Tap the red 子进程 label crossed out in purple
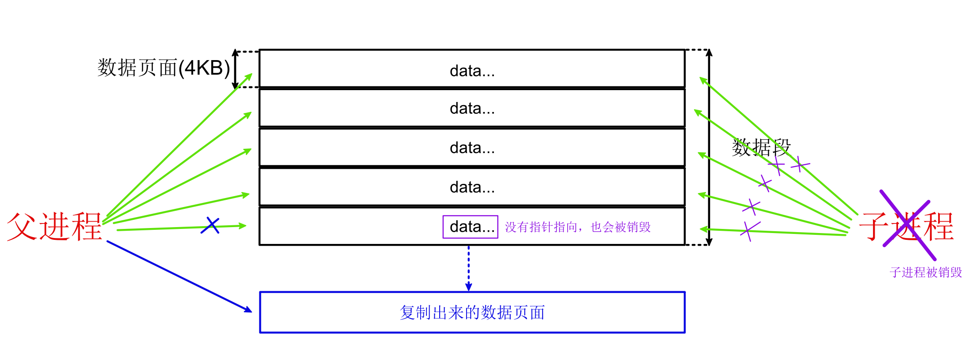click(906, 227)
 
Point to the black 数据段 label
click(761, 148)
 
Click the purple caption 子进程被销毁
click(926, 273)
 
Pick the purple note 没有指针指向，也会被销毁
click(578, 227)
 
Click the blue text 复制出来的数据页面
click(472, 313)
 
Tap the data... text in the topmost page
click(472, 71)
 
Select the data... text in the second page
click(472, 108)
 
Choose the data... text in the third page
click(472, 148)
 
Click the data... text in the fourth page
click(472, 187)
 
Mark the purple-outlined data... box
click(471, 227)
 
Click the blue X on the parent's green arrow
click(210, 225)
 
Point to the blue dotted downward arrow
click(468, 269)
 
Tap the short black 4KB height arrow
click(235, 69)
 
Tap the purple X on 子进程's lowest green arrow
click(750, 231)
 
